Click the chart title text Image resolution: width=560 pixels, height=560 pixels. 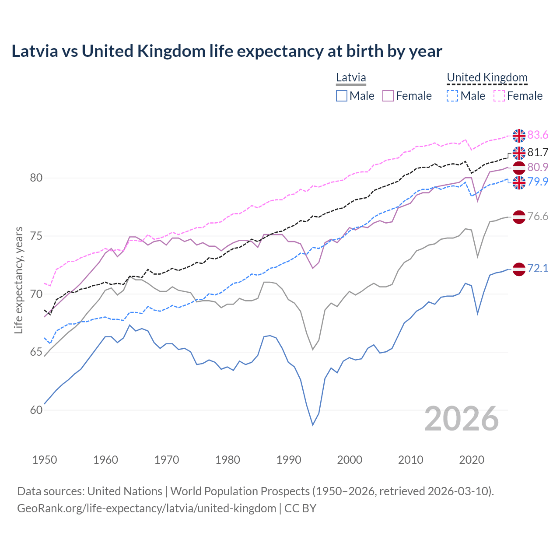227,51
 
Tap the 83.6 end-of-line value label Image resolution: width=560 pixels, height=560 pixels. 538,135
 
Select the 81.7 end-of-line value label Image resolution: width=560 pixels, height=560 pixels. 538,152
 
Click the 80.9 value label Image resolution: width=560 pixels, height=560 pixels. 538,167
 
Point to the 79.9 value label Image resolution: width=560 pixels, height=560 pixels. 538,182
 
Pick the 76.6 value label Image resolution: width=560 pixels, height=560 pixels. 538,217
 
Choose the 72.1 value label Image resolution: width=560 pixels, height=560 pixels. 538,268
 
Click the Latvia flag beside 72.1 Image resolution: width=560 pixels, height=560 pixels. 519,269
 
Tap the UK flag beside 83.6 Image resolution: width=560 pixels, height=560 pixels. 519,136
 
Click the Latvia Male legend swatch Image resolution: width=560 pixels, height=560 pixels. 342,96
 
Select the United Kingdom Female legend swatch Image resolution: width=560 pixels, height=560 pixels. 499,96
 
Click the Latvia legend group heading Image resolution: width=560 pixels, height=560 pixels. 351,78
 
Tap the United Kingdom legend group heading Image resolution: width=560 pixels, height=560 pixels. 487,78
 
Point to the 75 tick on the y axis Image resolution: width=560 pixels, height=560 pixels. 36,236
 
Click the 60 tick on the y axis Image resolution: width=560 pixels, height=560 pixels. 36,410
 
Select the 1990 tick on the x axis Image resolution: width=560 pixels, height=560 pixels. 289,460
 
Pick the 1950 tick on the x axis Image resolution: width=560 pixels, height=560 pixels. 45,460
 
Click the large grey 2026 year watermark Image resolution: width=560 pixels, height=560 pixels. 461,419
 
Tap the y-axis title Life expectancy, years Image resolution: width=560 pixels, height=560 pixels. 19,280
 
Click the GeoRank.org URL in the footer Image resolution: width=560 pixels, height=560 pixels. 147,508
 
